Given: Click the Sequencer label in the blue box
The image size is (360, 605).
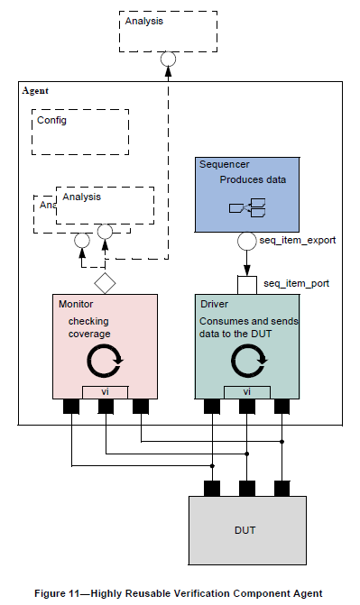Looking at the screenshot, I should tap(224, 165).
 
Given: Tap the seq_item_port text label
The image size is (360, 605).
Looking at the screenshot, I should tap(296, 283).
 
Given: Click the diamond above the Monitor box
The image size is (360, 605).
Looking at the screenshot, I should tap(106, 283).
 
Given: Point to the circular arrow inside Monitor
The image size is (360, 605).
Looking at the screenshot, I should tap(106, 362).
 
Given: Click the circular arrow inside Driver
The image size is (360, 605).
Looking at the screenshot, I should tap(248, 362).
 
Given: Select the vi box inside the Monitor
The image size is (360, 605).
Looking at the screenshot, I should tap(105, 391).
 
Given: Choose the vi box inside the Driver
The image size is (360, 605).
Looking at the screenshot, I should tap(247, 391).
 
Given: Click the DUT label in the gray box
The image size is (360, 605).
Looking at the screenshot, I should tap(245, 529).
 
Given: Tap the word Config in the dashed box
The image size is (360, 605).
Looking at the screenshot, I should tap(51, 119).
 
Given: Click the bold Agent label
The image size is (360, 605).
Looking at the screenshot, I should tap(35, 91).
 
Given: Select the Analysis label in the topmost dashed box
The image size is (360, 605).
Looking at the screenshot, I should tap(145, 20).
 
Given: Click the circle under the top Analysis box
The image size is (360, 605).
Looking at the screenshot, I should tap(167, 60).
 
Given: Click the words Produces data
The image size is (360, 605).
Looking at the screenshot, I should tap(253, 179).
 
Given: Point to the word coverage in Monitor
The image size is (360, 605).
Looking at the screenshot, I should tap(88, 334).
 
